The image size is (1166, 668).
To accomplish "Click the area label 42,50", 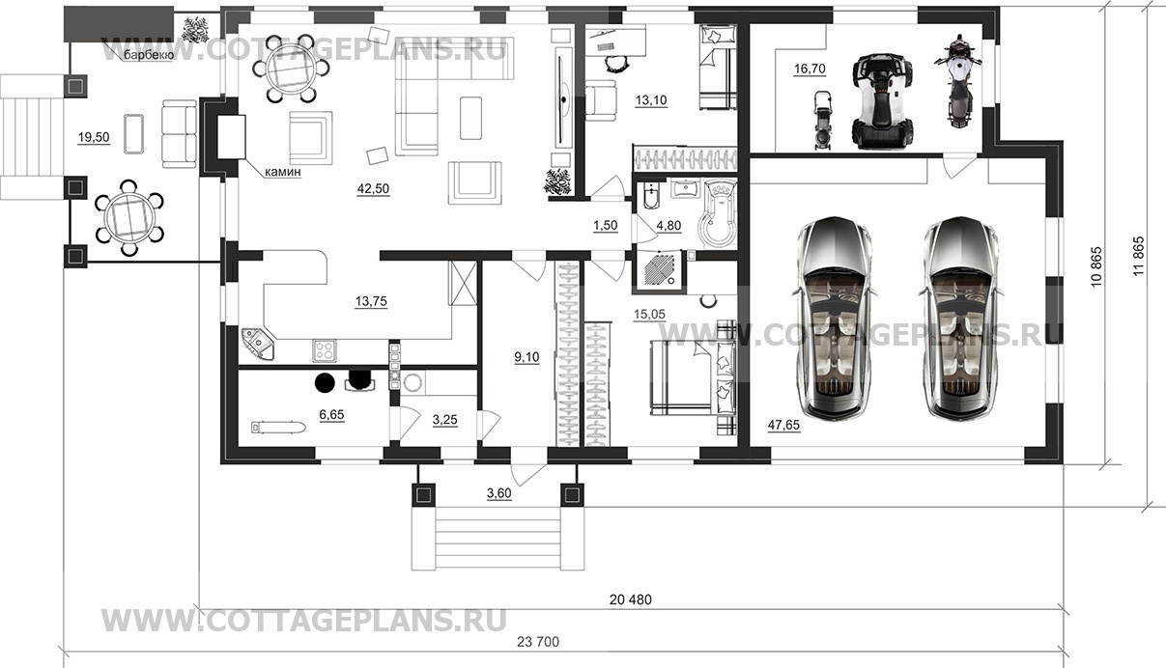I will click(x=373, y=189).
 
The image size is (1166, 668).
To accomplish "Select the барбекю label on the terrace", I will click(x=148, y=55).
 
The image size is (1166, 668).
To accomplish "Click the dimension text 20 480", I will click(x=631, y=599).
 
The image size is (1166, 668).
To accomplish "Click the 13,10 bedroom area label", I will click(x=652, y=98).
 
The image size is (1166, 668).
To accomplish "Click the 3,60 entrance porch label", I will click(x=499, y=493).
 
